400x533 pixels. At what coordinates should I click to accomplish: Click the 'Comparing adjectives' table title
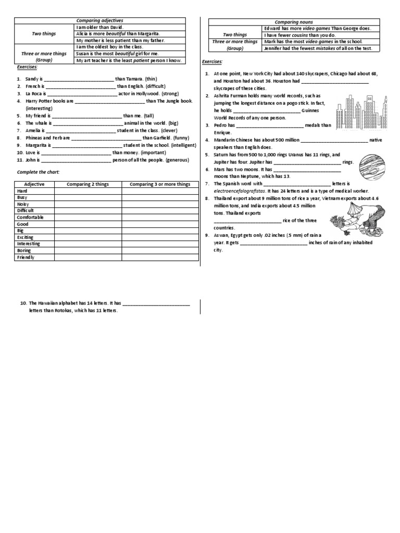(99, 20)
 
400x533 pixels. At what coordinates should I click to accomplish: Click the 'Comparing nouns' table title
(294, 22)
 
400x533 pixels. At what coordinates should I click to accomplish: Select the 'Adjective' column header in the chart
(34, 184)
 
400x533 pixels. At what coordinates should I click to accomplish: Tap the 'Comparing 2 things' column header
(87, 184)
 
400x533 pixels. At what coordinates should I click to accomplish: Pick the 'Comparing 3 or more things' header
(160, 184)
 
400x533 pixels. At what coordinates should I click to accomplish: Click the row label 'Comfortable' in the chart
(30, 218)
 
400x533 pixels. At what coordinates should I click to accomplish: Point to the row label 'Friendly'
(26, 257)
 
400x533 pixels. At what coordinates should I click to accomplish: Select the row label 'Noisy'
(24, 204)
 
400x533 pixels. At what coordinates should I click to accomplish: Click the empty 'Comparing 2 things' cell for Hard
(87, 191)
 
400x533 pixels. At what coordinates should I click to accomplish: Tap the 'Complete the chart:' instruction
(39, 172)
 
